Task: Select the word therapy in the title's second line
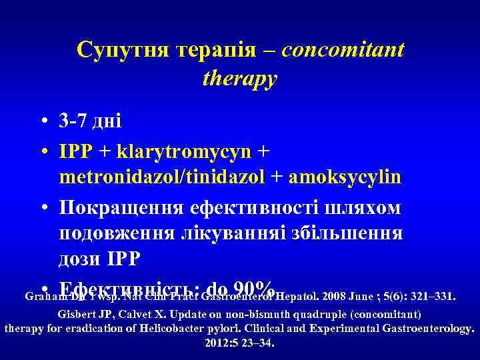tap(239, 79)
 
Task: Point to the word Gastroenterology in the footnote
tap(425, 329)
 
